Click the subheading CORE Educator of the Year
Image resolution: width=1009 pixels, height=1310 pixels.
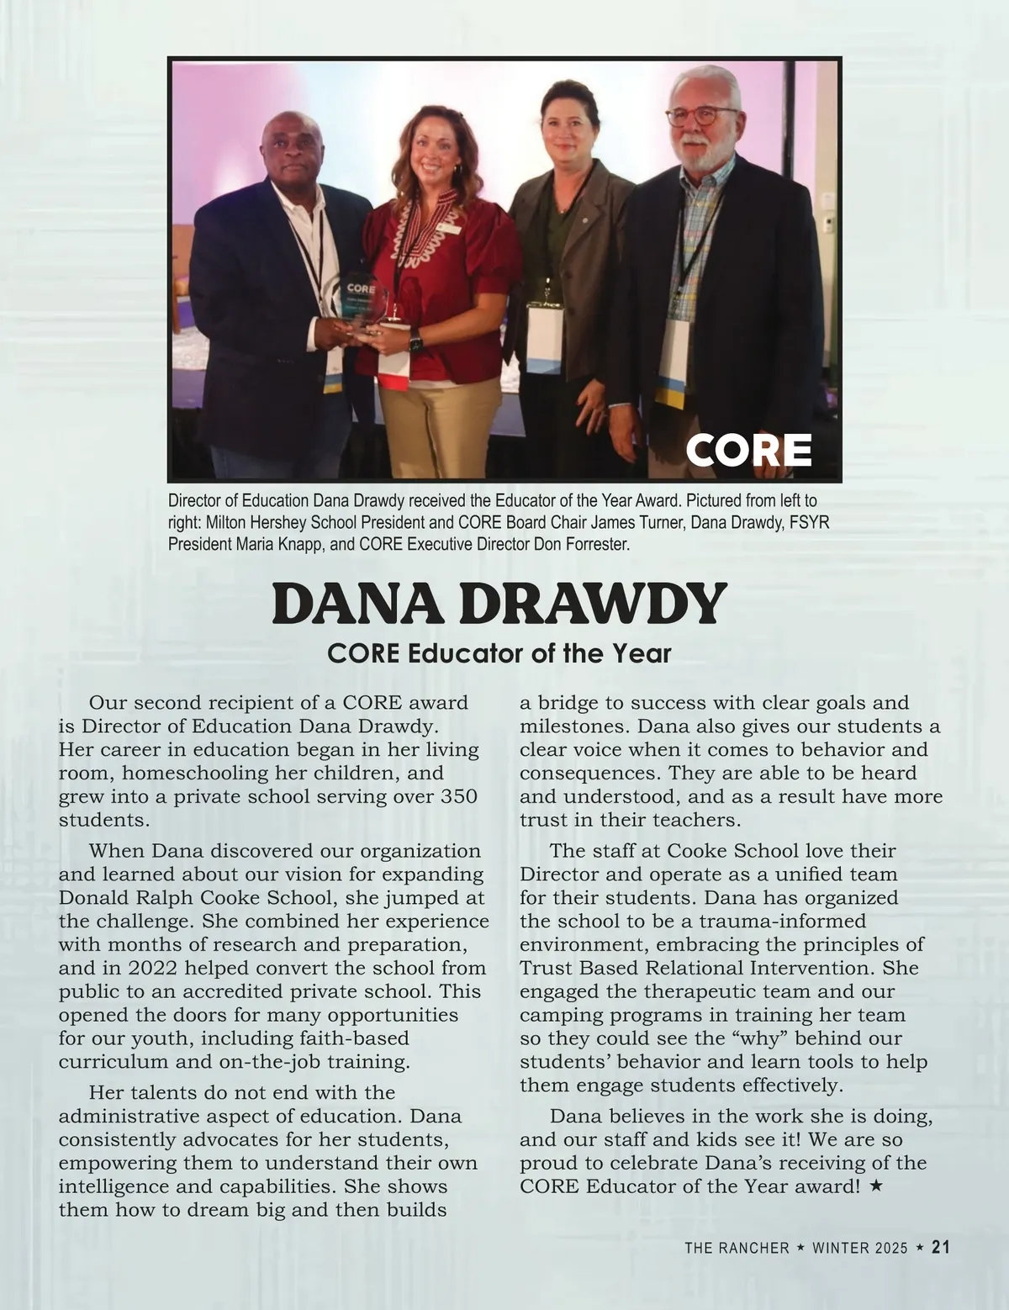499,653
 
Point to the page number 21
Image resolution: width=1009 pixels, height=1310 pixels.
941,1248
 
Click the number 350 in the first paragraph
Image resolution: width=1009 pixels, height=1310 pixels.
459,796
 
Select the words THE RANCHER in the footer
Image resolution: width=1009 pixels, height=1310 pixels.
737,1249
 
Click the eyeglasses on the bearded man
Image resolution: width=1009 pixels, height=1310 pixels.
703,114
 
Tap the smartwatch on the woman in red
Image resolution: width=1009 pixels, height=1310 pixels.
415,343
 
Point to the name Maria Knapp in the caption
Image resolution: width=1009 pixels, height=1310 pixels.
277,544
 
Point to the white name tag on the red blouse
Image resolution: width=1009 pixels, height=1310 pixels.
448,228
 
